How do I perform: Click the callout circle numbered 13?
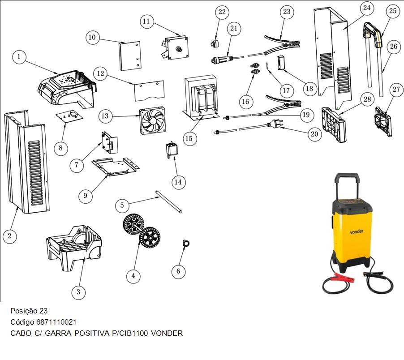pyautogui.click(x=105, y=116)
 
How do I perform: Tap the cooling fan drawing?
pyautogui.click(x=152, y=121)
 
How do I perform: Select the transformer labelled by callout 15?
pyautogui.click(x=201, y=98)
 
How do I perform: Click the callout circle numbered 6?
pyautogui.click(x=178, y=271)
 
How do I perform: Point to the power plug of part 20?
pyautogui.click(x=275, y=124)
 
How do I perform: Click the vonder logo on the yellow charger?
pyautogui.click(x=357, y=231)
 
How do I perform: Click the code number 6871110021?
pyautogui.click(x=56, y=322)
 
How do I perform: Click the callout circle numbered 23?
pyautogui.click(x=287, y=12)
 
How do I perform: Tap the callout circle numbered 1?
pyautogui.click(x=19, y=56)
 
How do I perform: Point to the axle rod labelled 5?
pyautogui.click(x=169, y=201)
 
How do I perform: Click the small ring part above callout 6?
pyautogui.click(x=186, y=243)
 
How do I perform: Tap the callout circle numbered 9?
pyautogui.click(x=85, y=196)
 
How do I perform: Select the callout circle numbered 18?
pyautogui.click(x=309, y=89)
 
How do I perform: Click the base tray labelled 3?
pyautogui.click(x=74, y=248)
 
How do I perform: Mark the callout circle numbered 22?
pyautogui.click(x=222, y=12)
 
